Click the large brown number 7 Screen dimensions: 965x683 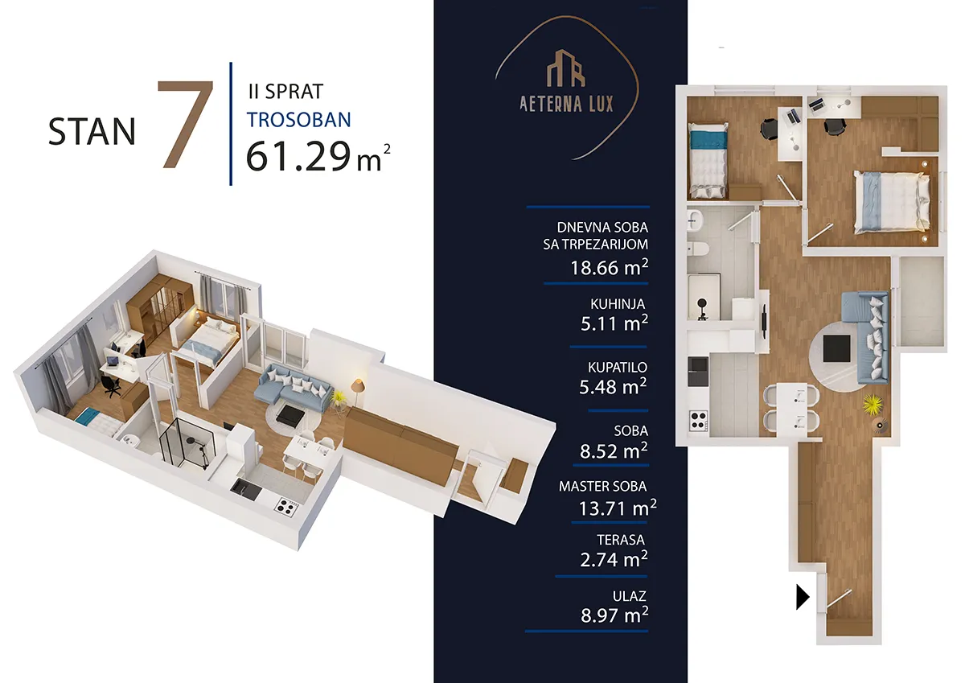186,124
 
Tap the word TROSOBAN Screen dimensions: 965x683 299,120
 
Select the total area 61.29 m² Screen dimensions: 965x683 318,157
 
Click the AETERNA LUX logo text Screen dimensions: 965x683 566,104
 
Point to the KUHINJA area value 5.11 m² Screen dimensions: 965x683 614,323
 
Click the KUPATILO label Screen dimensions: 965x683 618,367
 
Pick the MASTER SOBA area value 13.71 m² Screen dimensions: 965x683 618,508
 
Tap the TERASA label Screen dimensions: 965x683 621,540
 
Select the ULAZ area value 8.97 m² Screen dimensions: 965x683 614,615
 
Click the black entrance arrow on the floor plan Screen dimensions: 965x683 803,597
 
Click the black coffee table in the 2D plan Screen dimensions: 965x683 836,348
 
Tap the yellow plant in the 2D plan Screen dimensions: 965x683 873,404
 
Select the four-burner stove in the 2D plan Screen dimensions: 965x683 698,420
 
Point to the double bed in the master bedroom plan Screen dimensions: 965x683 892,202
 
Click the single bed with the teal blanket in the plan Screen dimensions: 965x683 708,160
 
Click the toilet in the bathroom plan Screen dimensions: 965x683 698,249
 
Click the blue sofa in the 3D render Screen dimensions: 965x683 293,388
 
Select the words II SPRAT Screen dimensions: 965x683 285,92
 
